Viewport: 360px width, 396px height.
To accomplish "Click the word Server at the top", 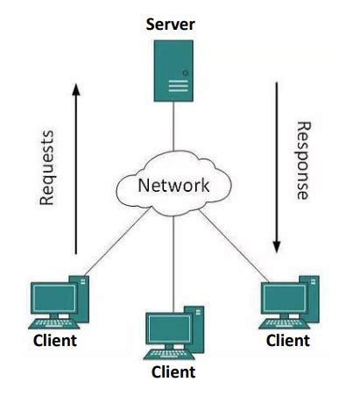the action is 170,25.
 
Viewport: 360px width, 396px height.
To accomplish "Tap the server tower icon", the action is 173,71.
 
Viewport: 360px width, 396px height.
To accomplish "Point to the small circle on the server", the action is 185,73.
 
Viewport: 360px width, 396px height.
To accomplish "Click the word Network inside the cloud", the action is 173,185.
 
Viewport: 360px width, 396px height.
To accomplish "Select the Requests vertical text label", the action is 46,168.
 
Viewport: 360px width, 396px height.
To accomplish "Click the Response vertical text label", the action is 303,160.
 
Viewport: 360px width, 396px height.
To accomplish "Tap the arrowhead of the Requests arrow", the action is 76,89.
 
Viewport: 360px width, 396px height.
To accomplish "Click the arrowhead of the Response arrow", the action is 277,247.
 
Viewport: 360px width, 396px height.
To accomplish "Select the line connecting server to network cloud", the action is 173,126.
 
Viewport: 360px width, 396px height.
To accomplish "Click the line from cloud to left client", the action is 117,242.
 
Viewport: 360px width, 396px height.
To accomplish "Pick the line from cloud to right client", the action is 233,245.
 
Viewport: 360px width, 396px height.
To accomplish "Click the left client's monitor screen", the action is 54,298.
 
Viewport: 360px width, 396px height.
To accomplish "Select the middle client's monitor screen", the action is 169,329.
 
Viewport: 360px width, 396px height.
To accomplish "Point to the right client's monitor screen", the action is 285,298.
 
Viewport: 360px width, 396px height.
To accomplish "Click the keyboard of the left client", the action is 53,324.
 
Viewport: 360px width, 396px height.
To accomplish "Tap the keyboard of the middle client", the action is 169,354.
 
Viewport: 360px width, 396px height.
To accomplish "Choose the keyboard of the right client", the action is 284,324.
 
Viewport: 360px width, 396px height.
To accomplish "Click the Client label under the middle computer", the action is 173,372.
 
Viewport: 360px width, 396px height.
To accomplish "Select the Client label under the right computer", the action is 288,341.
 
